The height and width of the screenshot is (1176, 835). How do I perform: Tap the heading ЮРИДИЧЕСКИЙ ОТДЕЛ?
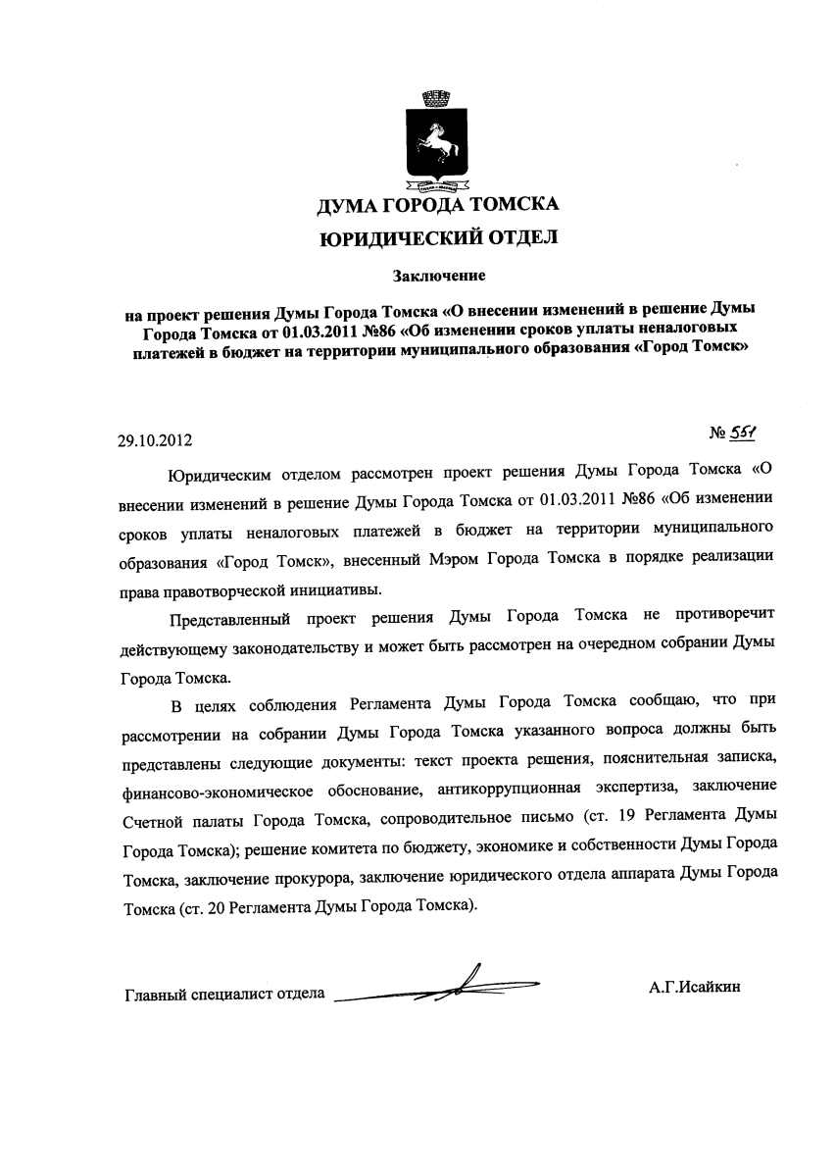438,236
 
